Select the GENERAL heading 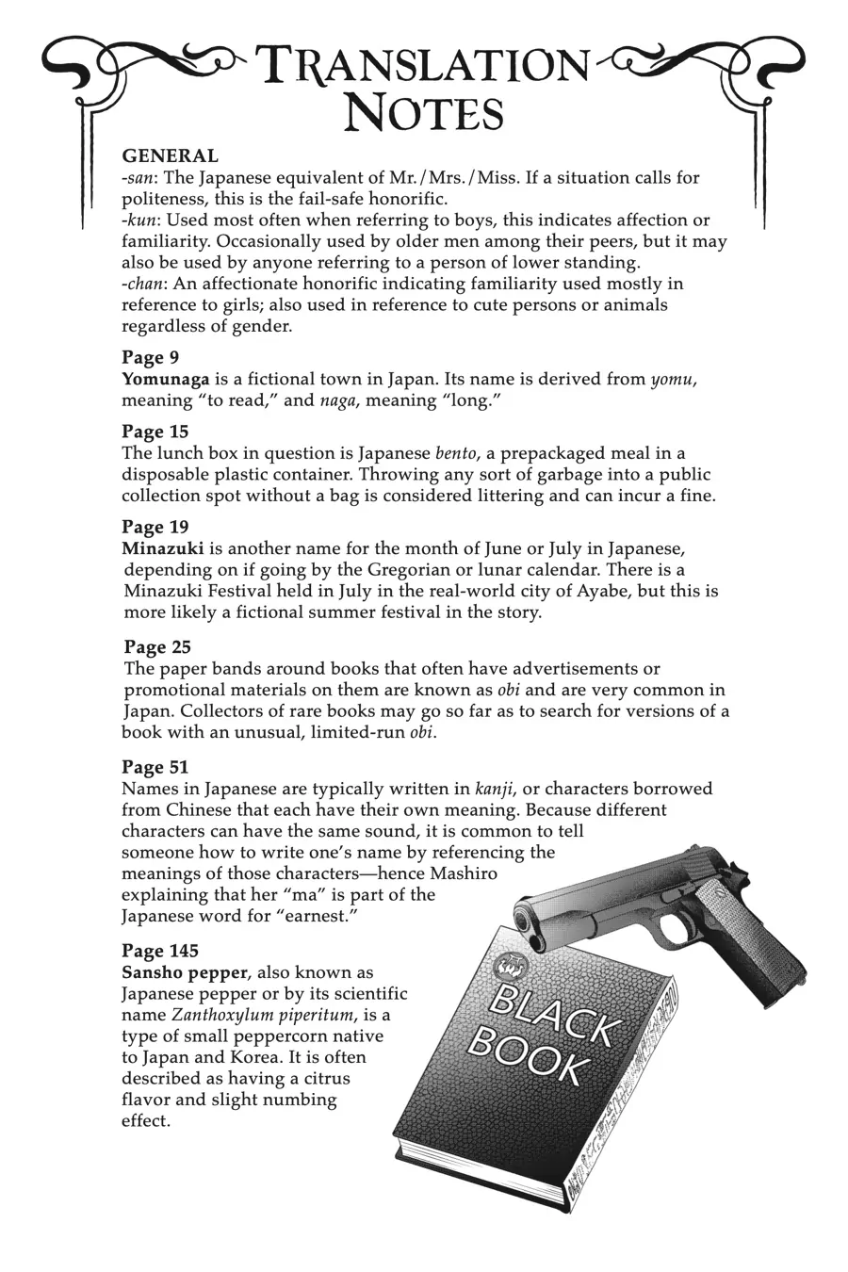(x=170, y=156)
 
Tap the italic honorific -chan (x=141, y=284)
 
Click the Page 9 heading (x=150, y=357)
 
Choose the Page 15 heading (x=155, y=432)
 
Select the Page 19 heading (x=155, y=527)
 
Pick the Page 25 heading (x=156, y=647)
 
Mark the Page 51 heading (x=155, y=767)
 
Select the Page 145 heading (x=159, y=951)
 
